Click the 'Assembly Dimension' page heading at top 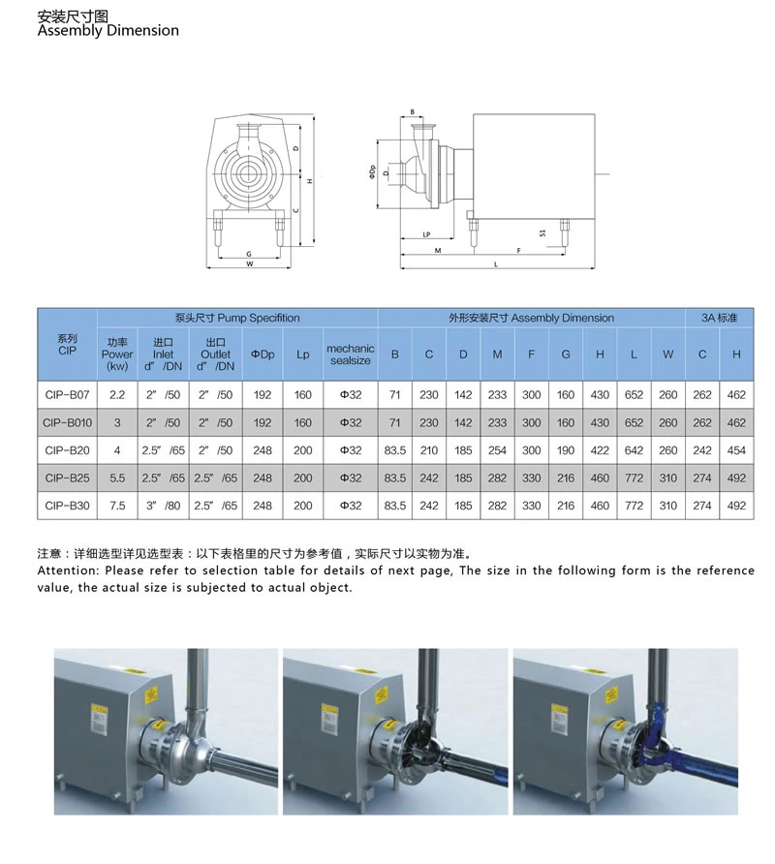108,30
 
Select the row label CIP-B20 67,449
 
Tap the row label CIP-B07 67,395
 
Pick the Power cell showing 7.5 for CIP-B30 117,505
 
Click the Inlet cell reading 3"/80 162,505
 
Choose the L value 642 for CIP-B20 634,449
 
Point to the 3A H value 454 736,449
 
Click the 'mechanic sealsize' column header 350,355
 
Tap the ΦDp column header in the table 263,355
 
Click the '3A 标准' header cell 719,318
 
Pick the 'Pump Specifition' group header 237,318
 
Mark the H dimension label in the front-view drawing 309,180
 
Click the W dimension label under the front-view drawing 249,263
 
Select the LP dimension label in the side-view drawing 426,234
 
